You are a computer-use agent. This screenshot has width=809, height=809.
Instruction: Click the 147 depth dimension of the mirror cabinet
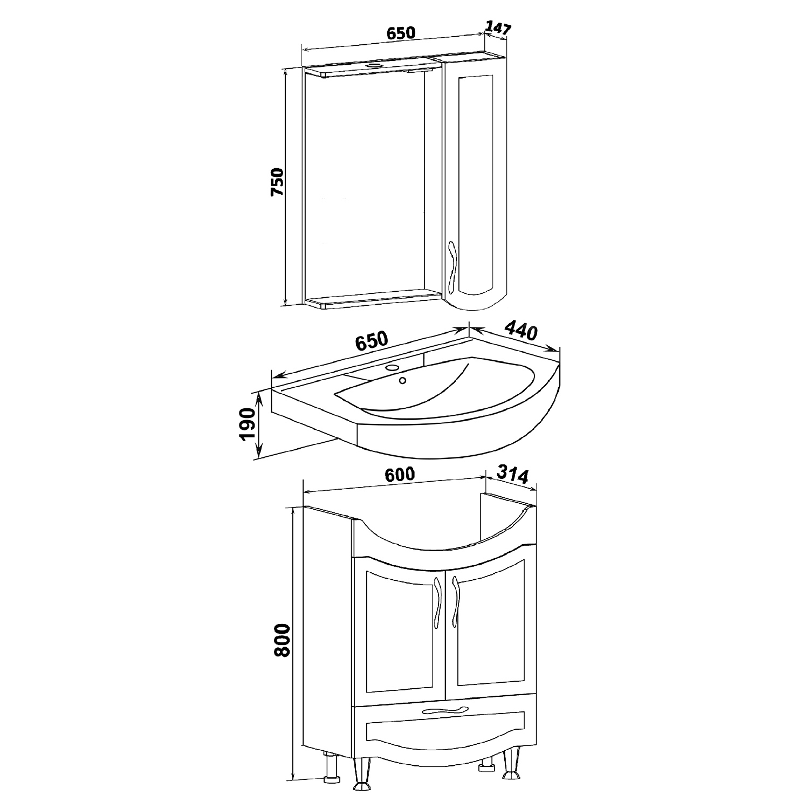click(498, 29)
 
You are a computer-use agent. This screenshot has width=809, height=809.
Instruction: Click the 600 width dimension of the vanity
click(400, 474)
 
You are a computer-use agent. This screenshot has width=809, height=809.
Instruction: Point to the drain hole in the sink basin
click(402, 381)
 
